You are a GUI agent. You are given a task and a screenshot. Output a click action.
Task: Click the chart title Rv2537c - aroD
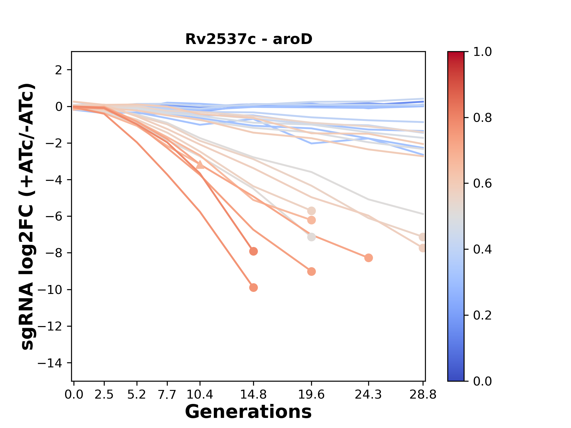tap(249, 39)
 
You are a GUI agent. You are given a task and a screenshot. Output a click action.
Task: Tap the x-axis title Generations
tap(248, 412)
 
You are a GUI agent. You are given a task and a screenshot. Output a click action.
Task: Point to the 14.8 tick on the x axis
tap(253, 395)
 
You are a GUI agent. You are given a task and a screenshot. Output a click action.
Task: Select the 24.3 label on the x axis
tap(368, 395)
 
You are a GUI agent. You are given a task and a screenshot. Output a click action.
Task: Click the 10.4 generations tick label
tap(200, 395)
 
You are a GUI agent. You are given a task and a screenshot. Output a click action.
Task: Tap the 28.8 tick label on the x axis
tap(423, 395)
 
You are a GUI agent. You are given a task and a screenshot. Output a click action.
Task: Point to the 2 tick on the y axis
tap(59, 70)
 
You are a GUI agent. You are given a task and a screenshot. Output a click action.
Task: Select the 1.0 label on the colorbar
tap(482, 52)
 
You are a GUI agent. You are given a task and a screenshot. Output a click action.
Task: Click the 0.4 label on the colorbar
tap(482, 249)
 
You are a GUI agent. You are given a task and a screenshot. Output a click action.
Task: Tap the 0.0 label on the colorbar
tap(482, 381)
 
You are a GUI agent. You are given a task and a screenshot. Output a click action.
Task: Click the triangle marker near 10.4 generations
tap(200, 165)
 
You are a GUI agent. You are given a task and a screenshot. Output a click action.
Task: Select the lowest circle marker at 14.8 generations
tap(253, 287)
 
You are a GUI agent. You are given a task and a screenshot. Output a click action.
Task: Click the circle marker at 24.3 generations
tap(368, 258)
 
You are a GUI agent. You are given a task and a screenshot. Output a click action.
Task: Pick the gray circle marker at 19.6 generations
tap(311, 237)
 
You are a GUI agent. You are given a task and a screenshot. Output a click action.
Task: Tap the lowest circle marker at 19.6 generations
tap(311, 271)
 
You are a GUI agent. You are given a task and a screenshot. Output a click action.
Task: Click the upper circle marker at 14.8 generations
tap(253, 251)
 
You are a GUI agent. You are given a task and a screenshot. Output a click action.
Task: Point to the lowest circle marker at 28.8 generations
tap(423, 248)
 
